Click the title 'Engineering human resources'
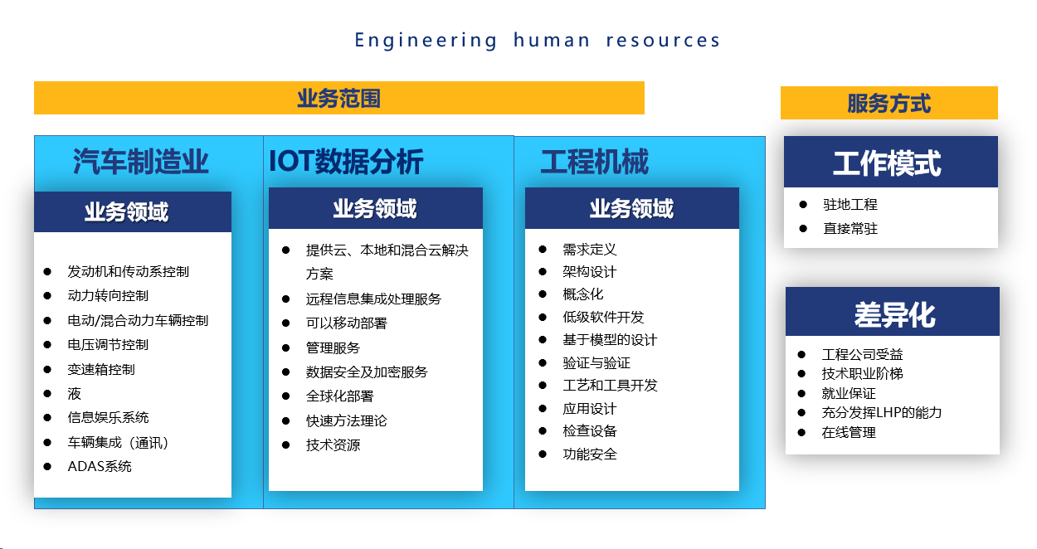point(537,41)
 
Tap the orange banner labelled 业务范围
point(338,98)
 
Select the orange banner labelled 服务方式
point(889,103)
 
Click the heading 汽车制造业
point(140,162)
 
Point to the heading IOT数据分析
point(346,162)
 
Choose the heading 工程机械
point(595,162)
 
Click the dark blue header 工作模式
point(891,162)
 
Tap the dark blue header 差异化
point(893,312)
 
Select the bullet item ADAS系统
point(100,466)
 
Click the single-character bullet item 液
point(74,393)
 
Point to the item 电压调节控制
point(108,345)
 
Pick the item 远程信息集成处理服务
point(373,299)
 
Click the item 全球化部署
point(339,396)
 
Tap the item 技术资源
point(333,445)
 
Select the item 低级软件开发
point(603,317)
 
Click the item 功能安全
point(590,454)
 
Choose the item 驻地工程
point(850,204)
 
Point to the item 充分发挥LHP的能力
point(881,412)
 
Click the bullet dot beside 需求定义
point(543,250)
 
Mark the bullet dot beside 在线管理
point(802,432)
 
